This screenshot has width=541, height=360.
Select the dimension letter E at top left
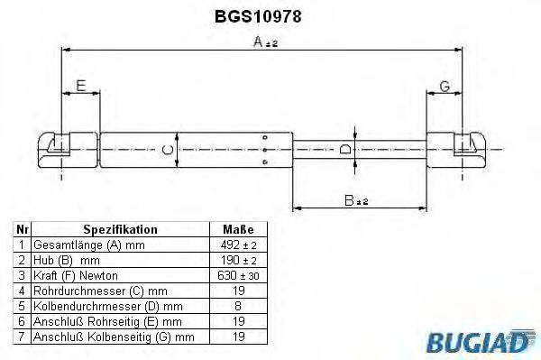[x=80, y=87]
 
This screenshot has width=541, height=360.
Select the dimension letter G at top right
[x=445, y=87]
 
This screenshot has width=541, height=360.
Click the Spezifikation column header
[x=120, y=229]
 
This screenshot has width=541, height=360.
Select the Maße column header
[x=237, y=229]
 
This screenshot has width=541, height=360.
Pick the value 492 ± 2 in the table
[x=237, y=245]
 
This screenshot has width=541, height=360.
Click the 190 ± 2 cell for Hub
[x=237, y=259]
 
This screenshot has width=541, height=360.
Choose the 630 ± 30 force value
[x=237, y=274]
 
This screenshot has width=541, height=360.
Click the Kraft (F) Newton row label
[x=76, y=274]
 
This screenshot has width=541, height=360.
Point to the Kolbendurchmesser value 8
[x=237, y=305]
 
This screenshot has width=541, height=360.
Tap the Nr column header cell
[x=23, y=229]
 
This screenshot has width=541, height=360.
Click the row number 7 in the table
[x=23, y=336]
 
